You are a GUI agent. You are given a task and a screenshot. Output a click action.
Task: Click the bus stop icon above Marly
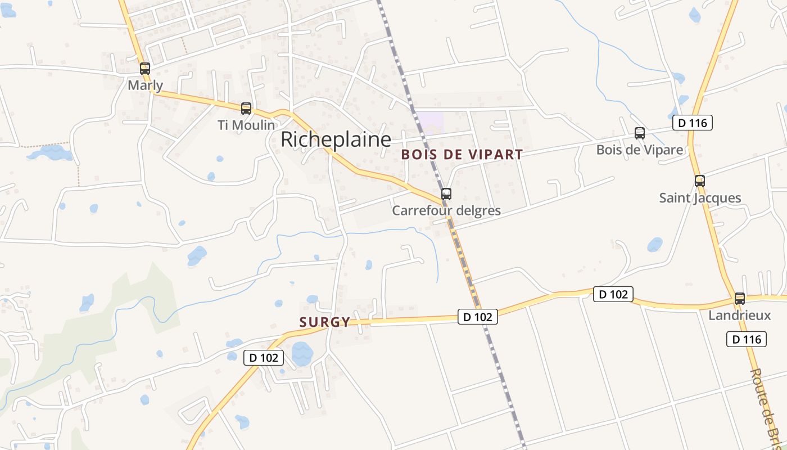point(145,69)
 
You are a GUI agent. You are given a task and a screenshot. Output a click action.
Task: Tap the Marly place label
point(146,85)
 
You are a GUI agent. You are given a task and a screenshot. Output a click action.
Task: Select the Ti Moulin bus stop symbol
point(246,109)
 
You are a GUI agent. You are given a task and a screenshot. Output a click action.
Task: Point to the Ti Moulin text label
point(246,125)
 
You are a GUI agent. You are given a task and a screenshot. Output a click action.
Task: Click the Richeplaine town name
point(336,139)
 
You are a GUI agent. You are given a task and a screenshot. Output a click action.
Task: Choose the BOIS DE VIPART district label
point(462,155)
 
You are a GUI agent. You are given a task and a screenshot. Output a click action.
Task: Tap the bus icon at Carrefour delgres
point(446,194)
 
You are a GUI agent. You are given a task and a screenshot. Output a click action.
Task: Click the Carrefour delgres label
point(446,211)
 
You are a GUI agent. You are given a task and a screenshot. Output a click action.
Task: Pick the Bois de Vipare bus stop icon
point(640,133)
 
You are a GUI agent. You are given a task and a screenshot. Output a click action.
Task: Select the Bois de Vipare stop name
point(640,150)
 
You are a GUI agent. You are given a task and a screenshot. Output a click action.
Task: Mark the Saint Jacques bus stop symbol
point(700,181)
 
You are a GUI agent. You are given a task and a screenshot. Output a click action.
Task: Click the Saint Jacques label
point(700,198)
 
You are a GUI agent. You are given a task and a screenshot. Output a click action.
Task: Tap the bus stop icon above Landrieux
point(740,299)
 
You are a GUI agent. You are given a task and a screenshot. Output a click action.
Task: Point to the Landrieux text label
point(740,315)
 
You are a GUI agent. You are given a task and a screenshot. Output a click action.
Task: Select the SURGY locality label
point(325,322)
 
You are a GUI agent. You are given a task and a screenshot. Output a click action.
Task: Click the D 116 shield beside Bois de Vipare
point(692,123)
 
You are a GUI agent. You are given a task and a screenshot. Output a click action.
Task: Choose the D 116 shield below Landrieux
point(747,339)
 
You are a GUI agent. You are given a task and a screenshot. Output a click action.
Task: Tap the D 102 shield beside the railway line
point(478,317)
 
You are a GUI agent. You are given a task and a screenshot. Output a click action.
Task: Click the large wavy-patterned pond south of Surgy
point(302,354)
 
